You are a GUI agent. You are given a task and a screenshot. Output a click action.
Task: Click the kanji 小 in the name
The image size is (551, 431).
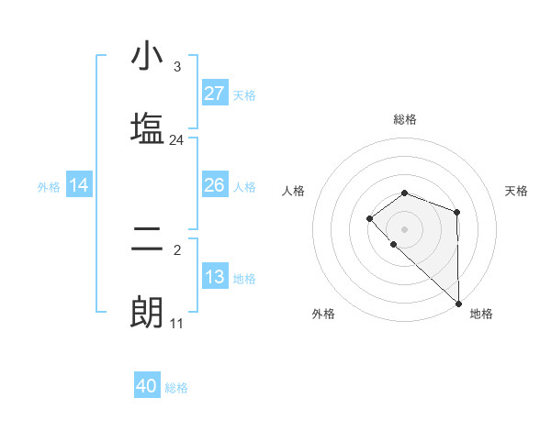click(x=147, y=57)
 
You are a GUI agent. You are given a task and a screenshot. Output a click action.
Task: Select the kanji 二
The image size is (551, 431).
click(x=147, y=240)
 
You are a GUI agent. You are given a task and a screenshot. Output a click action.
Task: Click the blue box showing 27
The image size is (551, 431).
click(x=215, y=94)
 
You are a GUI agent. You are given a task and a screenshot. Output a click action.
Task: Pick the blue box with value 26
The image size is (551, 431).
click(x=215, y=186)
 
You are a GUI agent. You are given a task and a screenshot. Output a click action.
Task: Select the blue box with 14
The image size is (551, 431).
click(x=79, y=186)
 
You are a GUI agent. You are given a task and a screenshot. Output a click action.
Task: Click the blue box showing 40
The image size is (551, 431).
click(x=147, y=386)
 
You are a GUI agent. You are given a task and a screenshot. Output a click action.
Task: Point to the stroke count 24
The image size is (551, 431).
click(x=176, y=140)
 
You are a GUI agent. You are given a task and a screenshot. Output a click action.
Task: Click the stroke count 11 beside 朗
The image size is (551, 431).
click(x=176, y=324)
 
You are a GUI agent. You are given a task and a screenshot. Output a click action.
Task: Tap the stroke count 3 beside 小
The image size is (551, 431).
click(x=176, y=67)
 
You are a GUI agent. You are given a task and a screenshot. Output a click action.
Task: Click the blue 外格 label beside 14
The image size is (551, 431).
click(x=49, y=187)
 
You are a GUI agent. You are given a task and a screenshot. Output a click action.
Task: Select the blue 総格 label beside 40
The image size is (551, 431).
click(x=176, y=388)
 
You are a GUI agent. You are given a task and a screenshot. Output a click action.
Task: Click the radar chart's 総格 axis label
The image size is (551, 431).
click(x=404, y=119)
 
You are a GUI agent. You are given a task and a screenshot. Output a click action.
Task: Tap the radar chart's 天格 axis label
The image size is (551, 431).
click(x=517, y=191)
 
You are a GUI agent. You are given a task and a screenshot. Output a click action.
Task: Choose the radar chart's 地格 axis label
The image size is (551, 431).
click(x=481, y=314)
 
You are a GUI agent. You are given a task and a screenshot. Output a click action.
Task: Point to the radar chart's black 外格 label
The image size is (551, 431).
click(x=323, y=314)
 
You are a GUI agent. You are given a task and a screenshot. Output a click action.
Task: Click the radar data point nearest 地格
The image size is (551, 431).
click(x=458, y=303)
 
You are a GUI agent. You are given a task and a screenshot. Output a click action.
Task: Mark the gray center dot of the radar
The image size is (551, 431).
click(x=404, y=228)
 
